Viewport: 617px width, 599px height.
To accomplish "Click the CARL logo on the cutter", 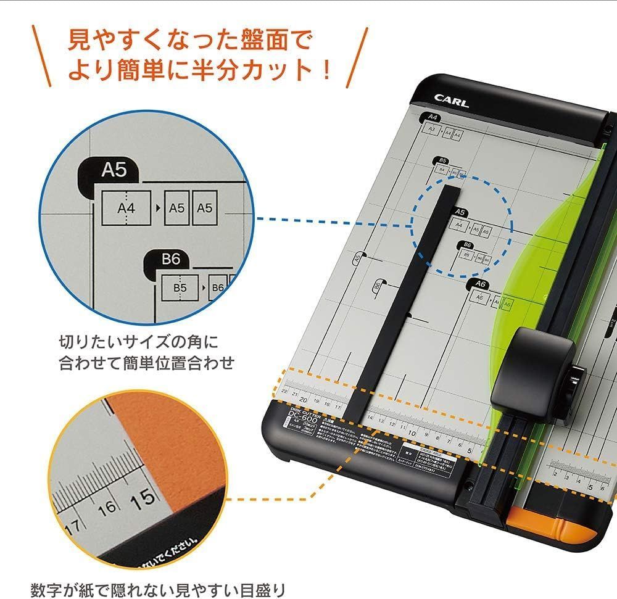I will click(x=451, y=101).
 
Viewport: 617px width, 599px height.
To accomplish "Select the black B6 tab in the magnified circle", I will click(x=170, y=260).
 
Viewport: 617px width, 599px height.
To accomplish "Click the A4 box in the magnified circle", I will click(x=126, y=208).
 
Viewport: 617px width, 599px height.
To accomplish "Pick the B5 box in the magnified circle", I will click(x=180, y=287).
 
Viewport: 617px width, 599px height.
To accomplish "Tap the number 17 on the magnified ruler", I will click(x=73, y=528).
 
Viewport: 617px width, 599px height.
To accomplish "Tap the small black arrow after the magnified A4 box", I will click(x=158, y=208).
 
